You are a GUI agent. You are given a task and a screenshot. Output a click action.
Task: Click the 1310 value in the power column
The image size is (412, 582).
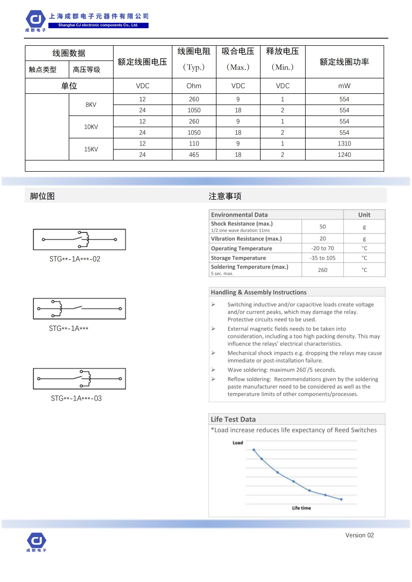click(x=344, y=144)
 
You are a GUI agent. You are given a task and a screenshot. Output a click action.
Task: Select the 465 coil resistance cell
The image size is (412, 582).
click(x=194, y=155)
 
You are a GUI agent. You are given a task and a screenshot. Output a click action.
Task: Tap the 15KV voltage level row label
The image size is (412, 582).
click(x=91, y=149)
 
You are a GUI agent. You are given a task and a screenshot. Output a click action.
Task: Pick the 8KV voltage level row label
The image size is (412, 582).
click(x=91, y=105)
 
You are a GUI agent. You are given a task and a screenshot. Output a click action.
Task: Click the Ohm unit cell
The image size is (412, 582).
click(x=194, y=86)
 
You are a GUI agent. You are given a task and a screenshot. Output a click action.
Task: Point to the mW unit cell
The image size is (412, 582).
click(x=344, y=86)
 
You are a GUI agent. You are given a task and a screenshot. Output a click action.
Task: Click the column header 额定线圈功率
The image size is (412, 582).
click(x=344, y=62)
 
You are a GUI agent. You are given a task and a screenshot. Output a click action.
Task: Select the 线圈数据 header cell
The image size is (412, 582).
click(x=69, y=53)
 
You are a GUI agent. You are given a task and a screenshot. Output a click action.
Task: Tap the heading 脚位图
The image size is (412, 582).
click(x=42, y=196)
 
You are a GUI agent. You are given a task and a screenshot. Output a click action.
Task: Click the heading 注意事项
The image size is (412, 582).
click(x=225, y=196)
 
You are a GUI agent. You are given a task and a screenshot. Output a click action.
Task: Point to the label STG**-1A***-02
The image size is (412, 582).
click(x=75, y=259)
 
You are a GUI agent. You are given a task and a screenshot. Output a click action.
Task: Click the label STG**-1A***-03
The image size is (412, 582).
click(x=76, y=398)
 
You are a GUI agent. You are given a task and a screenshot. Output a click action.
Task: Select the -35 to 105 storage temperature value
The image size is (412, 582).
click(x=322, y=258)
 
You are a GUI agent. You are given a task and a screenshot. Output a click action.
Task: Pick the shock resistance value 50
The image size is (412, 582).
click(x=322, y=227)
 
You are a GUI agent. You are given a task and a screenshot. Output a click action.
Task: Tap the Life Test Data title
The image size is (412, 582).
click(x=233, y=419)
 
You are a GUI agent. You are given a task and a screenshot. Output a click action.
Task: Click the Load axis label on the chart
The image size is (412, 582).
click(x=238, y=443)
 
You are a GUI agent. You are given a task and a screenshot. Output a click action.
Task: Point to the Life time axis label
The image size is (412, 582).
click(x=301, y=508)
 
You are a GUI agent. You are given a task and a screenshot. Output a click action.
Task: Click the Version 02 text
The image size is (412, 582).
click(x=359, y=535)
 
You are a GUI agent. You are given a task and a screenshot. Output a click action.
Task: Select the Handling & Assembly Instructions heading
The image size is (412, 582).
click(x=259, y=292)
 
